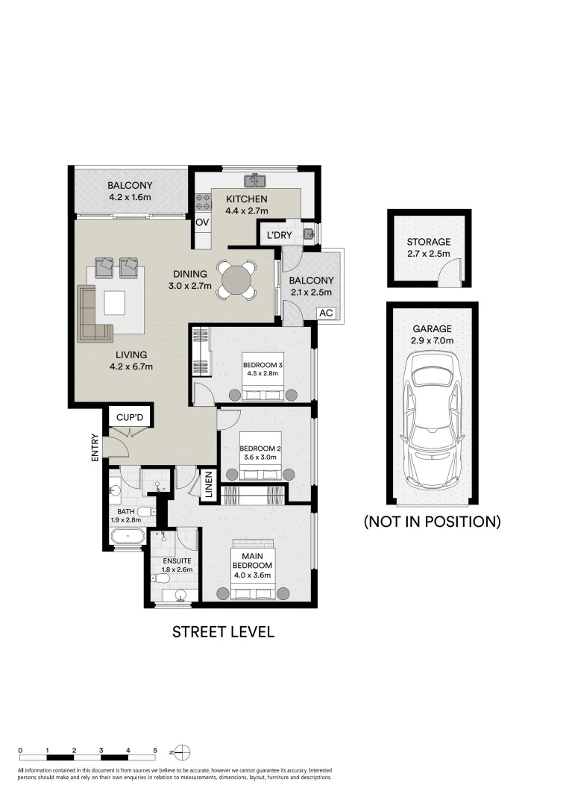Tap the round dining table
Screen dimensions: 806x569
tap(237, 278)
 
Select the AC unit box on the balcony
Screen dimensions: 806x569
tap(326, 313)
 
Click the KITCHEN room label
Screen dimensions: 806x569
tap(246, 199)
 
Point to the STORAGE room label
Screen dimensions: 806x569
tap(428, 242)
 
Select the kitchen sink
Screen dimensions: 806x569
tap(256, 180)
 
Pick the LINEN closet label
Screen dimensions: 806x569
tap(210, 485)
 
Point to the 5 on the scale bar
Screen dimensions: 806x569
tap(155, 750)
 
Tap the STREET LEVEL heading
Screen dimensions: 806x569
tap(223, 632)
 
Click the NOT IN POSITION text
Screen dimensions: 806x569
tap(431, 522)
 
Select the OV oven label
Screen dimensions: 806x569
tap(201, 222)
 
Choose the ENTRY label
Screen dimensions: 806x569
tap(95, 448)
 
